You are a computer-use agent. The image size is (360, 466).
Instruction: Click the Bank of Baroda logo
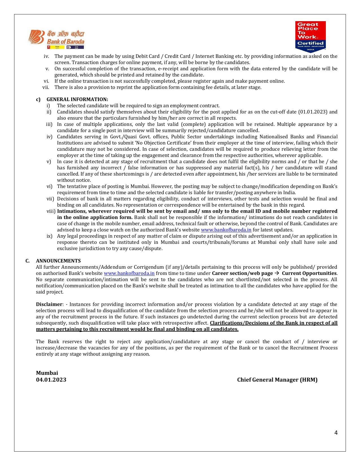click(56, 39)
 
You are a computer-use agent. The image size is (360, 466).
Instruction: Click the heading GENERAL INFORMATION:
click(77, 99)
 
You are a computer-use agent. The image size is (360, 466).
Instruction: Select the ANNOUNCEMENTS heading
click(58, 261)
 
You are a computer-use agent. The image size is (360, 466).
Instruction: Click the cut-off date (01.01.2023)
click(313, 112)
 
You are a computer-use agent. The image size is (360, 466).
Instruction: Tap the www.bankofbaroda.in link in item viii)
click(226, 230)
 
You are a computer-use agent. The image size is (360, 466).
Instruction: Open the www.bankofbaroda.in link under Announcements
click(129, 273)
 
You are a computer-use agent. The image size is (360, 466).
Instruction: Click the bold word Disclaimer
click(49, 304)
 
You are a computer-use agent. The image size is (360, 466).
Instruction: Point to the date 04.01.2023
click(51, 380)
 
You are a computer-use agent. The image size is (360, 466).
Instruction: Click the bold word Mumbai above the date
click(47, 373)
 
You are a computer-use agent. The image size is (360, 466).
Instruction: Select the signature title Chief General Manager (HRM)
click(277, 380)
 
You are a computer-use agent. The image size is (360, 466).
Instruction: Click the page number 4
click(336, 433)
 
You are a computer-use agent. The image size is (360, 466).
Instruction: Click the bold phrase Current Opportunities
click(309, 273)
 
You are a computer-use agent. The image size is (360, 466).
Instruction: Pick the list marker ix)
click(49, 236)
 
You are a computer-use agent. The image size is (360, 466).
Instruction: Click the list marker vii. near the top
click(45, 87)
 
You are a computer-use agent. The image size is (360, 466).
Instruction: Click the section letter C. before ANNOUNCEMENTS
click(27, 261)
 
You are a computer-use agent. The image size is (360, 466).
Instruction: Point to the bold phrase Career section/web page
click(242, 273)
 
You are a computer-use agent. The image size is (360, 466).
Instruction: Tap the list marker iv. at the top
click(46, 56)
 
